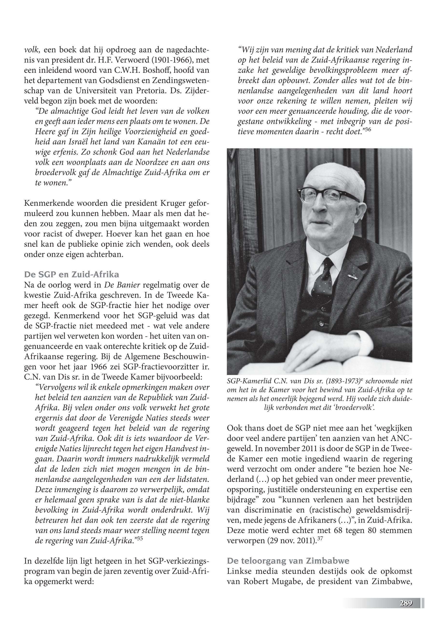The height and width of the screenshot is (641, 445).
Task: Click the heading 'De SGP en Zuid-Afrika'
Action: pyautogui.click(x=71, y=274)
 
